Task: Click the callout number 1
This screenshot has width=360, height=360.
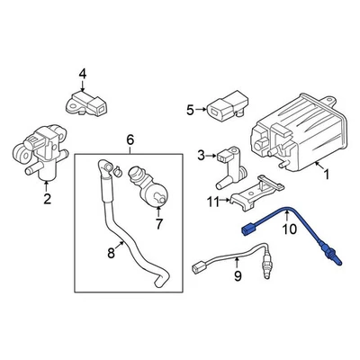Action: tap(326, 173)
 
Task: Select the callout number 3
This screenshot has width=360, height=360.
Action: tap(202, 155)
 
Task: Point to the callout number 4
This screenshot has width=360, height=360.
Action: tap(82, 74)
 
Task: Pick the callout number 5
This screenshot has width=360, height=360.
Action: tap(190, 111)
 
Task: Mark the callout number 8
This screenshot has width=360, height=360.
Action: tap(112, 254)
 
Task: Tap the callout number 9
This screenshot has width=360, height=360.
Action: tap(238, 276)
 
